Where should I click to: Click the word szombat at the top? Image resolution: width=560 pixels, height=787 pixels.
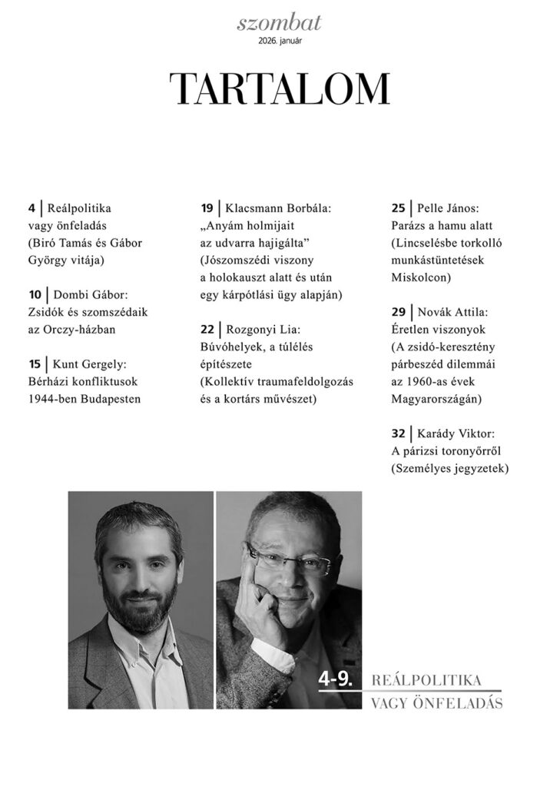(x=280, y=23)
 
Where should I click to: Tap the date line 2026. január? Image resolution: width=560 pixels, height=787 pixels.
(x=280, y=41)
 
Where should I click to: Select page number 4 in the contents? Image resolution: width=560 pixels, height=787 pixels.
(x=31, y=208)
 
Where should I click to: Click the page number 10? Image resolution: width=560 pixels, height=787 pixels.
(x=33, y=294)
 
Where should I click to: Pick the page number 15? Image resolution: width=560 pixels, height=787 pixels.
(x=33, y=364)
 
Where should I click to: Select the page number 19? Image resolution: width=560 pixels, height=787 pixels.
(x=207, y=208)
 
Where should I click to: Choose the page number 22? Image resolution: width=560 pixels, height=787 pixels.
(x=207, y=329)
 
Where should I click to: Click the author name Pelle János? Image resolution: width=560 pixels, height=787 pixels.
(x=449, y=208)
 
